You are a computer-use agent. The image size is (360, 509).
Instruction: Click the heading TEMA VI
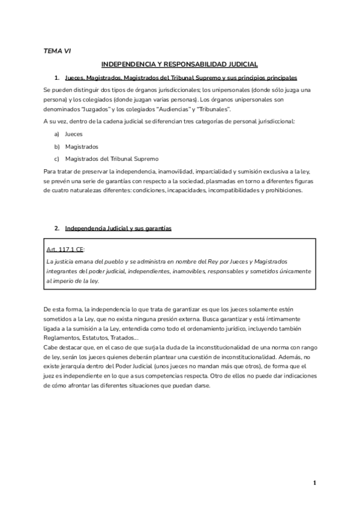click(57, 52)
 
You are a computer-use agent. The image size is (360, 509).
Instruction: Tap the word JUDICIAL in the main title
click(240, 64)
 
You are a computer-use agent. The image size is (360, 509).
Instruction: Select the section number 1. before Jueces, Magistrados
click(56, 78)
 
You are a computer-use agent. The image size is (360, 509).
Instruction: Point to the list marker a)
click(56, 134)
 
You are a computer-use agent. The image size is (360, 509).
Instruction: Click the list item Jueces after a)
click(74, 134)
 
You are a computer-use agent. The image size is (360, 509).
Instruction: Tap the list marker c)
click(56, 158)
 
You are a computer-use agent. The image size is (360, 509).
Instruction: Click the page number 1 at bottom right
click(314, 483)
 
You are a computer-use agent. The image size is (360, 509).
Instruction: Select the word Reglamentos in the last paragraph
click(62, 338)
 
